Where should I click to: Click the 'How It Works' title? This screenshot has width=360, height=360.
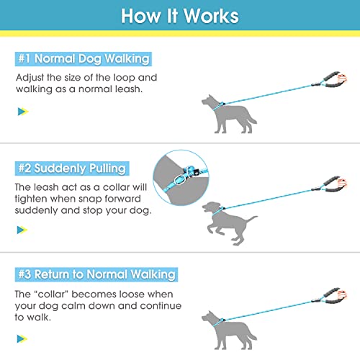click(179, 16)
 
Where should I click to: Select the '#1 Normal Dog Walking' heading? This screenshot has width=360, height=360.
click(83, 59)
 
